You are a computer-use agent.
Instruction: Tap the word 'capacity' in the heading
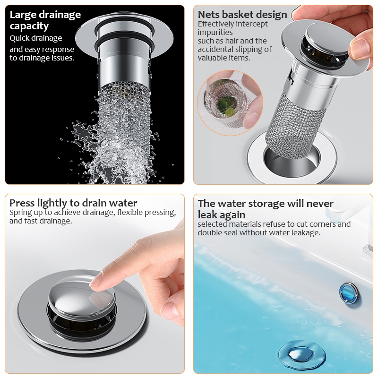[29, 26]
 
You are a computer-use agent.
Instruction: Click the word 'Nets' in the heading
[208, 15]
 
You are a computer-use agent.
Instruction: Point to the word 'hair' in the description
[232, 41]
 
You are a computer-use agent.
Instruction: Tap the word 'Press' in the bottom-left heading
[22, 203]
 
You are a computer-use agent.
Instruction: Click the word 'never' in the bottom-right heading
[320, 204]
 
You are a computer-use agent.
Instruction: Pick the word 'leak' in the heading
[208, 215]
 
